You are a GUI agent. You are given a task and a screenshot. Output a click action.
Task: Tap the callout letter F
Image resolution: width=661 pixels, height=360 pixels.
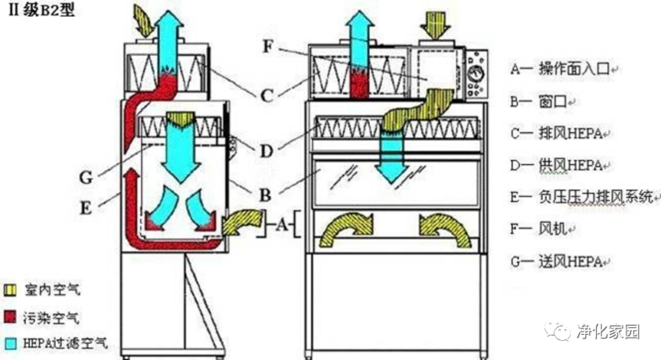click(x=267, y=45)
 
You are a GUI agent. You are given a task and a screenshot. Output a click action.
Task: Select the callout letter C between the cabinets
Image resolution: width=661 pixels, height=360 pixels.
click(x=267, y=96)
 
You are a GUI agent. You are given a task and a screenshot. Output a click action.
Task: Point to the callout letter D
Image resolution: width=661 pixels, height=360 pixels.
click(x=265, y=151)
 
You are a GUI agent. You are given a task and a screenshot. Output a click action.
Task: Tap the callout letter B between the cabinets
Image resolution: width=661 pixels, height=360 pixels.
click(x=266, y=195)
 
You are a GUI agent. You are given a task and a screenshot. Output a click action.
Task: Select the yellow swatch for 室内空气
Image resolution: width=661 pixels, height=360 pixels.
click(x=11, y=290)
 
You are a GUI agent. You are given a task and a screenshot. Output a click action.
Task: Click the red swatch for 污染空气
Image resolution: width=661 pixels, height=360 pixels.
click(x=11, y=316)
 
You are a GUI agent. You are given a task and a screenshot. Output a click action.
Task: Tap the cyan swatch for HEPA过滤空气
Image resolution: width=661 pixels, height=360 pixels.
click(x=11, y=342)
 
